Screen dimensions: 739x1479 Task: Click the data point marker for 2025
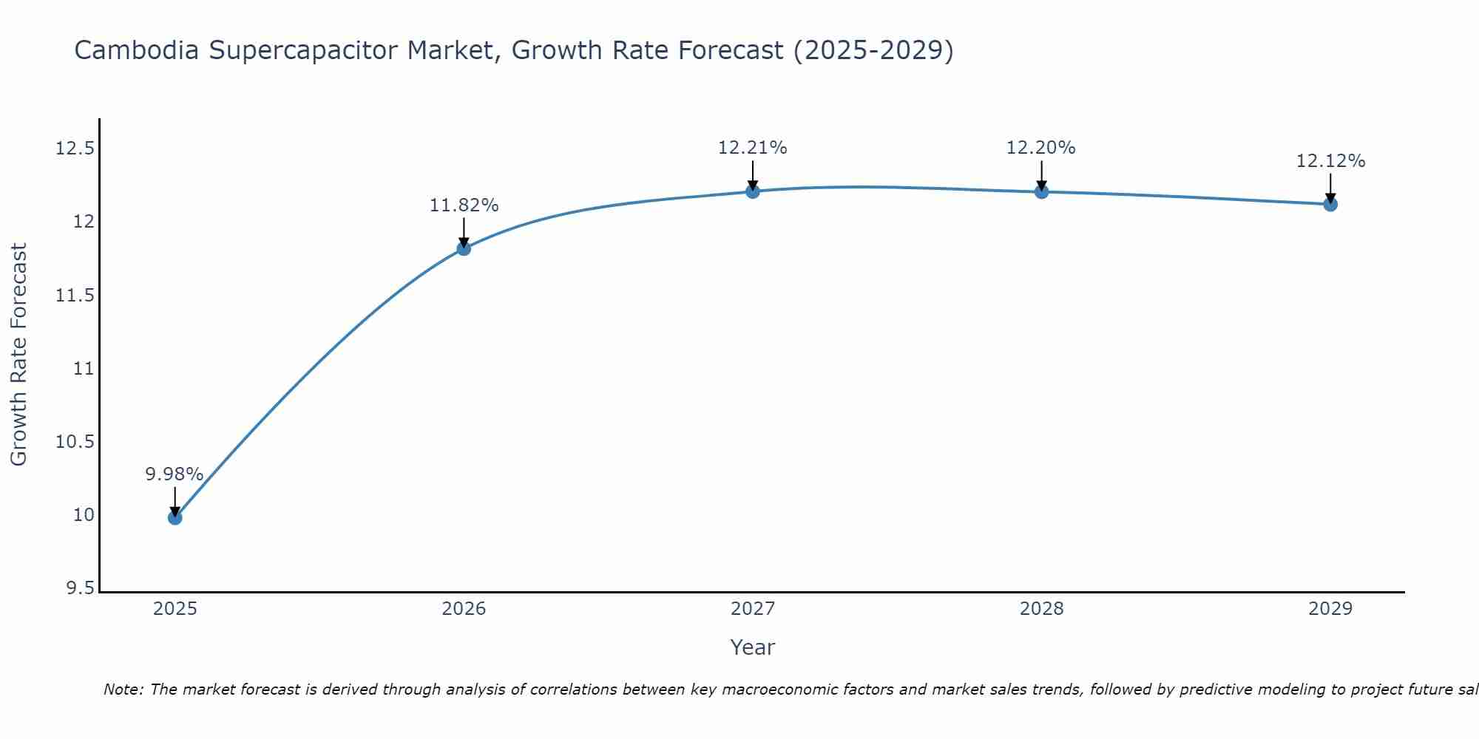point(175,517)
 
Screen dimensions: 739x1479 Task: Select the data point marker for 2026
point(464,248)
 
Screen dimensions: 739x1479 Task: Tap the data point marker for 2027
point(753,191)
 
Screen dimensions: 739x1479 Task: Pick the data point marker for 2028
point(1041,192)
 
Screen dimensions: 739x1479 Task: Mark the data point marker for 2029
point(1330,204)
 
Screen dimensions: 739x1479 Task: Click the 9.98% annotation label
point(174,474)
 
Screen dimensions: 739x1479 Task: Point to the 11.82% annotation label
point(464,205)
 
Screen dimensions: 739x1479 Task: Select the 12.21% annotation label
point(753,148)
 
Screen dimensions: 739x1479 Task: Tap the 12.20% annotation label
point(1041,148)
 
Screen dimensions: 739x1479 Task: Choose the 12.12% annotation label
point(1330,161)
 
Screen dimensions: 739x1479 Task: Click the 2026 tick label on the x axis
point(464,609)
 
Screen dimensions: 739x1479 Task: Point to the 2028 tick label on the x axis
point(1041,609)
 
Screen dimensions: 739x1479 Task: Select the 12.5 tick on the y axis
point(75,149)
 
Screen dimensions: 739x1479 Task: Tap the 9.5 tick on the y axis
point(81,588)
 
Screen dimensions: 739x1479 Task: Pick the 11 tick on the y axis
point(84,369)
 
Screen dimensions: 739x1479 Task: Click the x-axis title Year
point(753,647)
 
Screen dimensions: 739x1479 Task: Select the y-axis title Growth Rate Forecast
point(19,355)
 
